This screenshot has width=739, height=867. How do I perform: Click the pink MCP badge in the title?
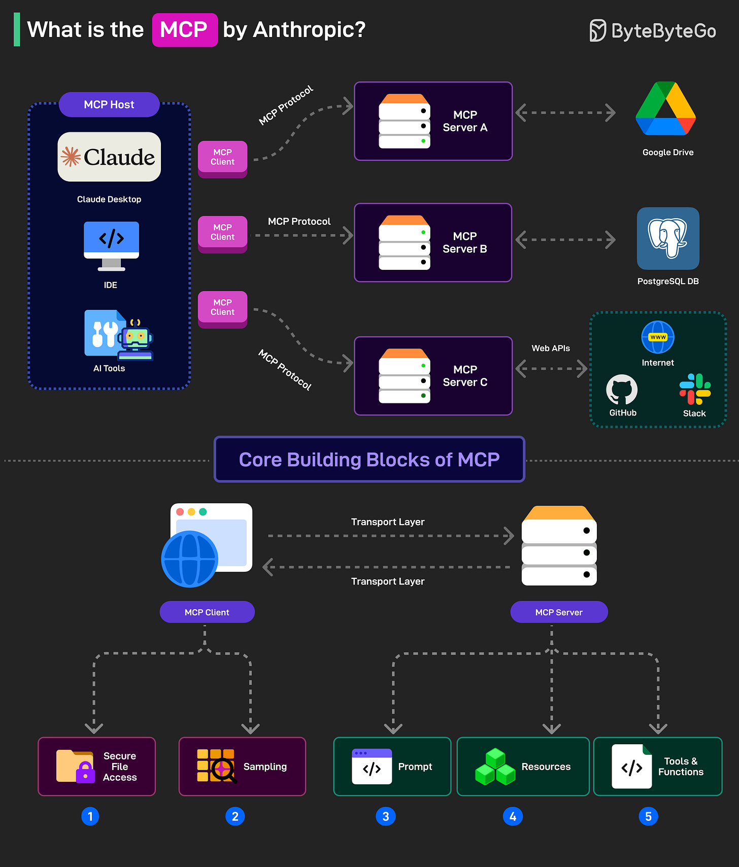[185, 30]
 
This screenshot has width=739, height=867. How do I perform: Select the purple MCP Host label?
[109, 105]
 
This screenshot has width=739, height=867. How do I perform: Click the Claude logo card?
[109, 157]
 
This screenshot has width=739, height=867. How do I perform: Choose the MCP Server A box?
[433, 121]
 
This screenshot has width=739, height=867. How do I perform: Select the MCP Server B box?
[433, 242]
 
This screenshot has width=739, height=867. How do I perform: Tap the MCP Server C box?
[433, 376]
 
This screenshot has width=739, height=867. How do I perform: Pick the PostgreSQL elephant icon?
[668, 238]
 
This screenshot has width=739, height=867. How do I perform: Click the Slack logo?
[695, 389]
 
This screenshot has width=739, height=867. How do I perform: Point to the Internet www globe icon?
[658, 337]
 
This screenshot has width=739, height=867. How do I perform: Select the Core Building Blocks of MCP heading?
[369, 460]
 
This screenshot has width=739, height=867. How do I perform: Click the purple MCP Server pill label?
[559, 612]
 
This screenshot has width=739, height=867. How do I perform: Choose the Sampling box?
[242, 767]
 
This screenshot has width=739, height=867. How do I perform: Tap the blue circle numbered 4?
[513, 816]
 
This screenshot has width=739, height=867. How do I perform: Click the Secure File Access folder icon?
[75, 767]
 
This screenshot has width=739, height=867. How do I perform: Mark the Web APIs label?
[551, 349]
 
